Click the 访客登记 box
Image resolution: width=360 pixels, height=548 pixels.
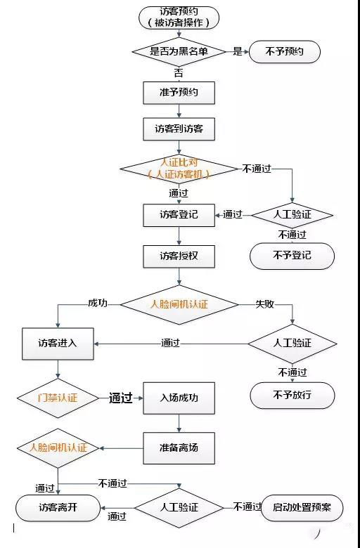pos(179,214)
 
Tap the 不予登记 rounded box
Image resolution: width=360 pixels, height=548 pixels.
pos(292,256)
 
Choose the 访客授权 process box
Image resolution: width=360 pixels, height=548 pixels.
pos(179,256)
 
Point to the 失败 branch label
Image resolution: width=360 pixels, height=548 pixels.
pos(264,304)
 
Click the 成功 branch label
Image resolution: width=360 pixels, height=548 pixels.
pos(98,303)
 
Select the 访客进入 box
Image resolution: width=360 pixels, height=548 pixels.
pos(58,344)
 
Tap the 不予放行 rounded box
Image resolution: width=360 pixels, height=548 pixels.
pos(292,396)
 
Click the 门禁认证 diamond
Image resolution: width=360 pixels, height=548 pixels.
pos(58,398)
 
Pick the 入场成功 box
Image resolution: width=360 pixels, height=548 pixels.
pos(179,398)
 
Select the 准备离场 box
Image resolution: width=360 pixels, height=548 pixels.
pos(179,446)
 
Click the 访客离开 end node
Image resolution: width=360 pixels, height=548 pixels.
pos(58,507)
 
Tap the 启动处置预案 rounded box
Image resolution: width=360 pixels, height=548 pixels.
pos(302,507)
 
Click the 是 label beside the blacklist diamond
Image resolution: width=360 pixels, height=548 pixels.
pos(238,51)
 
